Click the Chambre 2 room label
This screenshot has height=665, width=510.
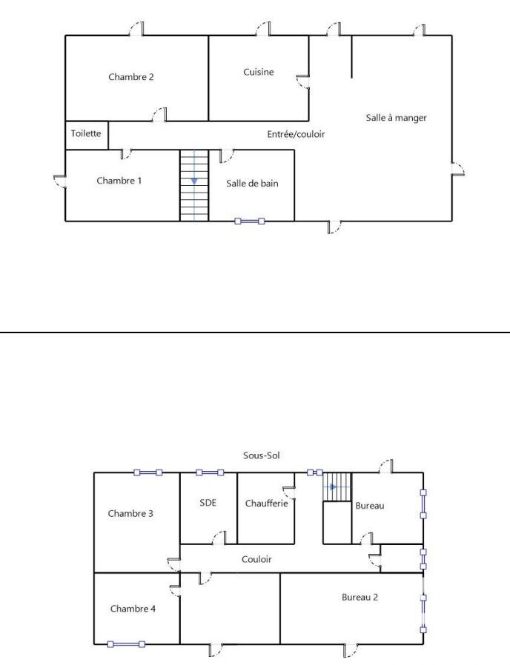130,77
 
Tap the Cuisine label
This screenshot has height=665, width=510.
258,72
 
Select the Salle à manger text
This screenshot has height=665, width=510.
396,118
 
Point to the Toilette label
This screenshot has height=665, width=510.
86,133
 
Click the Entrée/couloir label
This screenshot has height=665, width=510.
296,134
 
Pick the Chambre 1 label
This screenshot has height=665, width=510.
119,180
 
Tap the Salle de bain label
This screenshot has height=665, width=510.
252,183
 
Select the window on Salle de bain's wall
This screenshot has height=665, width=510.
250,221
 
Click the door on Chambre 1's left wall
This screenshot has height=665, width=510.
60,181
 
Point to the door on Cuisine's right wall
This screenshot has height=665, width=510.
302,81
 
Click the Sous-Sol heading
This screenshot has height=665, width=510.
261,455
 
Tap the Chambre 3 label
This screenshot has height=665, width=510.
130,513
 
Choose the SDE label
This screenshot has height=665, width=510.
208,503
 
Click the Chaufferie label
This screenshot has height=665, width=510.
266,503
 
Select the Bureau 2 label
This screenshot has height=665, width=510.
360,597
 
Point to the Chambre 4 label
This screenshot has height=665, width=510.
133,609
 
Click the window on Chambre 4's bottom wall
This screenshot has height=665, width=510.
126,644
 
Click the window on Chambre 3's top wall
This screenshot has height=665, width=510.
148,472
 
